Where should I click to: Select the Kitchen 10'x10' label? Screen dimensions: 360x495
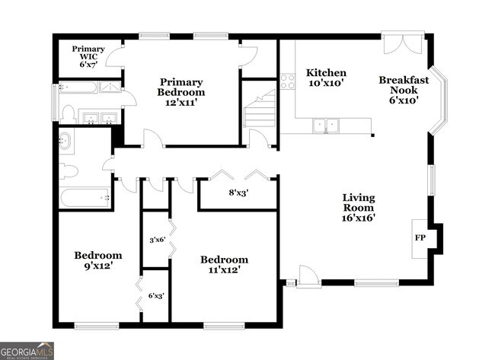[326, 78]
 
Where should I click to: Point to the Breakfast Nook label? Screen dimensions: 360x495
[404, 89]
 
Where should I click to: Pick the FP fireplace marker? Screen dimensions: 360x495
[420, 237]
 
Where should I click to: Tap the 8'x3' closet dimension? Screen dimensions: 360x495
[238, 193]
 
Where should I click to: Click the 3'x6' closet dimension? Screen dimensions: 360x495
[156, 240]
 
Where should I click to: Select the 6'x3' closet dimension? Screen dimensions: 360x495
[156, 295]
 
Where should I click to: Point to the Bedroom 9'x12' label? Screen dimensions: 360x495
[97, 260]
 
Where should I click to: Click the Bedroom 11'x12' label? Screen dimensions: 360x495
[225, 264]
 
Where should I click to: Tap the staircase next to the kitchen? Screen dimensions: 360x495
[259, 110]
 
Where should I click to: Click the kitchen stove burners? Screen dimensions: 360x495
[287, 81]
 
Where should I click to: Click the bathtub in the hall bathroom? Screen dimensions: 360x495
[85, 199]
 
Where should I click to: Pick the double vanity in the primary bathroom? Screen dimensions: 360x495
[98, 118]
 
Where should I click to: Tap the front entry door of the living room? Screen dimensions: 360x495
[308, 278]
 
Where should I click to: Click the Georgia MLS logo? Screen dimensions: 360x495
[27, 350]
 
